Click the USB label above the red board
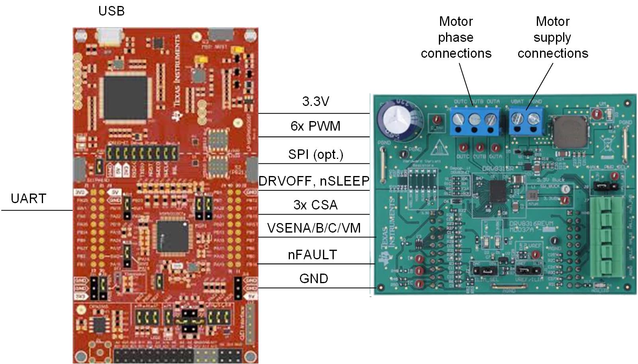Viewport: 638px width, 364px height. (112, 11)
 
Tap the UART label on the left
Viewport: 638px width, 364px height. (28, 198)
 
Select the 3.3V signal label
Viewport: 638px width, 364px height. (315, 102)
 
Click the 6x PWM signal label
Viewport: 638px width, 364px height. (315, 126)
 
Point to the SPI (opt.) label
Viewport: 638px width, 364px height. (315, 155)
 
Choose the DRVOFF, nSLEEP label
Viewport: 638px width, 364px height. (314, 181)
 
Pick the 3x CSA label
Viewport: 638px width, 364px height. (315, 205)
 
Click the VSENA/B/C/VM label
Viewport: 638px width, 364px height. (314, 228)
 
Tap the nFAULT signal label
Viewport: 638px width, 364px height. (313, 255)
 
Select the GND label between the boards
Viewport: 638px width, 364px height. (314, 279)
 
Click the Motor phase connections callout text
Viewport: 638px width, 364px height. (456, 37)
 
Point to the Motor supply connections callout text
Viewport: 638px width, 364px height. (553, 37)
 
